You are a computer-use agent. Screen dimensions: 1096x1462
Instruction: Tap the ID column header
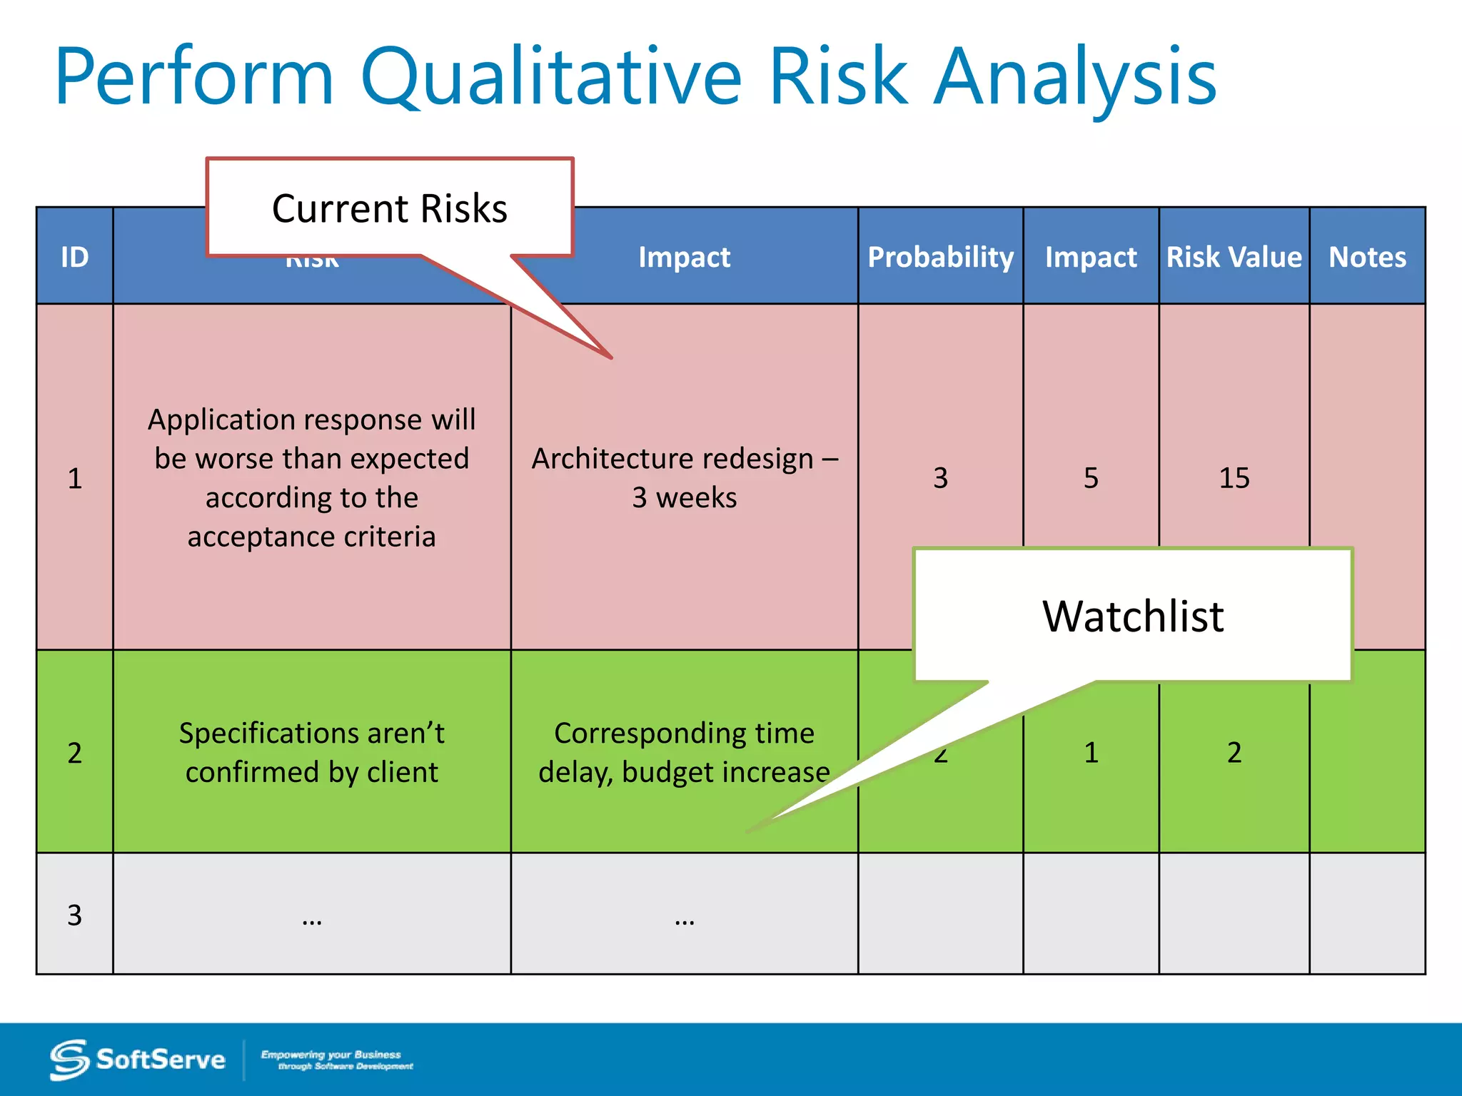pyautogui.click(x=74, y=257)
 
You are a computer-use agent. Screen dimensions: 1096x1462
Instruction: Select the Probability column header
pyautogui.click(x=940, y=257)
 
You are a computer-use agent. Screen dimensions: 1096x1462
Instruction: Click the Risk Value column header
pyautogui.click(x=1234, y=257)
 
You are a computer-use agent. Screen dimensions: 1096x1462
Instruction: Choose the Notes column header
pyautogui.click(x=1367, y=257)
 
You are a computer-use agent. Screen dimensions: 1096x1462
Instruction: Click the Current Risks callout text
pyautogui.click(x=390, y=208)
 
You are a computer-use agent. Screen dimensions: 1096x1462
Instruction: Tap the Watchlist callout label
pyautogui.click(x=1133, y=616)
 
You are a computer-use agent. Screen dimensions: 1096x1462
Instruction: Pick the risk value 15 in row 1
pyautogui.click(x=1234, y=477)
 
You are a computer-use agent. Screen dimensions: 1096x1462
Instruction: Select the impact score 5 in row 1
pyautogui.click(x=1091, y=477)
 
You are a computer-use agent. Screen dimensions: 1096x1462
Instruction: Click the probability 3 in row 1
pyautogui.click(x=940, y=477)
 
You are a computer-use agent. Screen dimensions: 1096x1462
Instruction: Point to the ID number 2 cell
pyautogui.click(x=74, y=753)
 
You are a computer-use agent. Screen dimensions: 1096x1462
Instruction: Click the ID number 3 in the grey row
pyautogui.click(x=74, y=915)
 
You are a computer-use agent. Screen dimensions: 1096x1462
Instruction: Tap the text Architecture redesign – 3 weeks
pyautogui.click(x=684, y=477)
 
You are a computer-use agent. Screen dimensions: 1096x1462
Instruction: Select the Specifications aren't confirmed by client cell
pyautogui.click(x=311, y=753)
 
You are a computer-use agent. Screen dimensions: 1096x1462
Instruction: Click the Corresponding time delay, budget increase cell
pyautogui.click(x=684, y=753)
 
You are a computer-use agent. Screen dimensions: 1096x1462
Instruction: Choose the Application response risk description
pyautogui.click(x=311, y=477)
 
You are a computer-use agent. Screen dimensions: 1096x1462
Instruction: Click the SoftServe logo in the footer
pyautogui.click(x=137, y=1060)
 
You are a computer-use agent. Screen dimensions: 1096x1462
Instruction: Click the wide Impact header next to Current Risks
pyautogui.click(x=684, y=257)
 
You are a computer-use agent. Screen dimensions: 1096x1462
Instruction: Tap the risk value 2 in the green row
pyautogui.click(x=1234, y=753)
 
